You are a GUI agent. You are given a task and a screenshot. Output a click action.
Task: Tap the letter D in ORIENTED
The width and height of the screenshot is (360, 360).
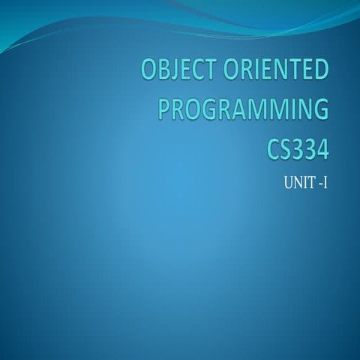(321, 72)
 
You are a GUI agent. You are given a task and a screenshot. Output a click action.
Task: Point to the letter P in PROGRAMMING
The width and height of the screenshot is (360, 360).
(166, 109)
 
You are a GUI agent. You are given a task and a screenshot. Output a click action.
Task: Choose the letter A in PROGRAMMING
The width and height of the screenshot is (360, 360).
(238, 109)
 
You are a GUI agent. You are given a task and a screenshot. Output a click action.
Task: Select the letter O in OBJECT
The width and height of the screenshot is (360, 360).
(148, 72)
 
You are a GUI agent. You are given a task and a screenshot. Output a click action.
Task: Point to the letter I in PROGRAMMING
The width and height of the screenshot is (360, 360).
(288, 109)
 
